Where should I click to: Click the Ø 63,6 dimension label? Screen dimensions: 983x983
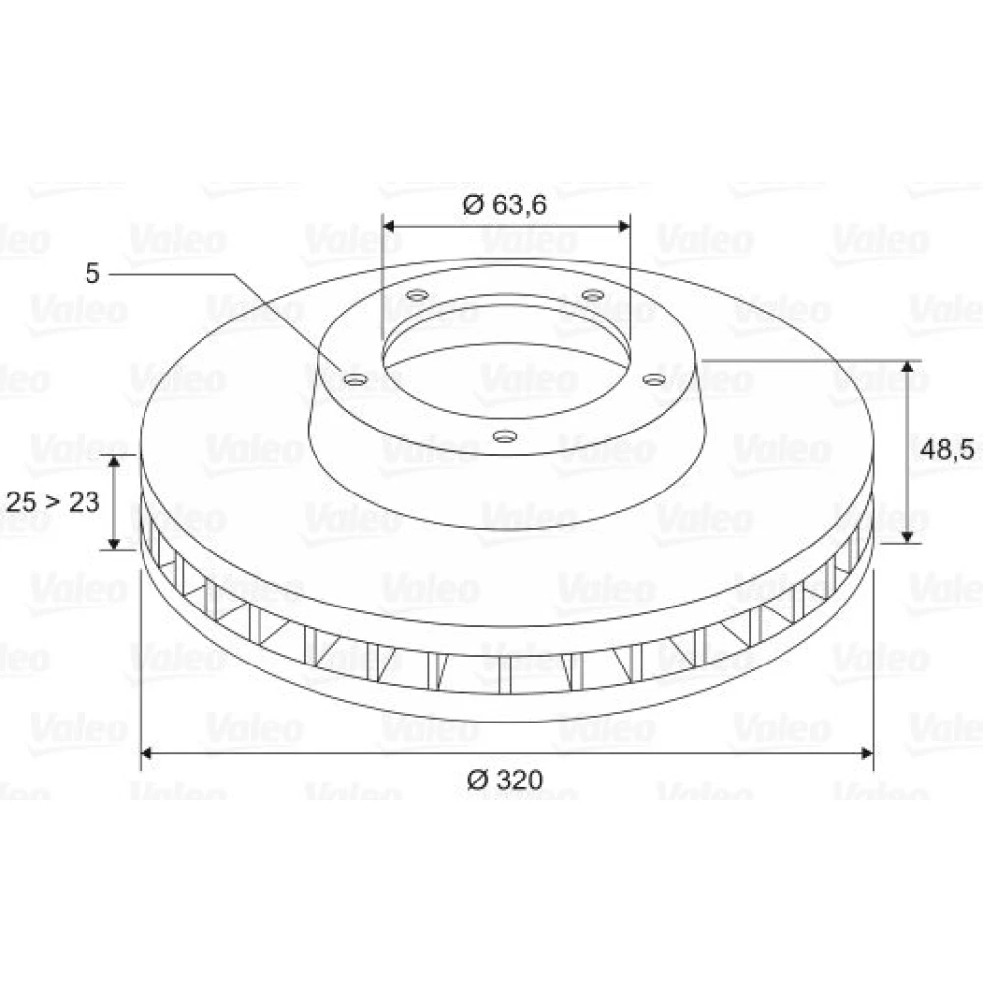[x=504, y=204]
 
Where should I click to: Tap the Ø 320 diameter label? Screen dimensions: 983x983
[x=504, y=780]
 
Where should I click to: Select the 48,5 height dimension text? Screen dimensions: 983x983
[x=947, y=449]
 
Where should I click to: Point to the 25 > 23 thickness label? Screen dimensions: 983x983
[x=53, y=502]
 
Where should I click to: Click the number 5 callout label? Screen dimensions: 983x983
[x=92, y=273]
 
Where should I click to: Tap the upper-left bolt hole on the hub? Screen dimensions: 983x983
[x=417, y=295]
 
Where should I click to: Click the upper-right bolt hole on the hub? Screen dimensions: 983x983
[x=592, y=295]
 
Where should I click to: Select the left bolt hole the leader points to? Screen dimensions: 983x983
[x=356, y=379]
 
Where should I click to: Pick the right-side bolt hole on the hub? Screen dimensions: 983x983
[x=654, y=379]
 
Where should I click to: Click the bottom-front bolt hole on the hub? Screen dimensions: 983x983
[x=504, y=435]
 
